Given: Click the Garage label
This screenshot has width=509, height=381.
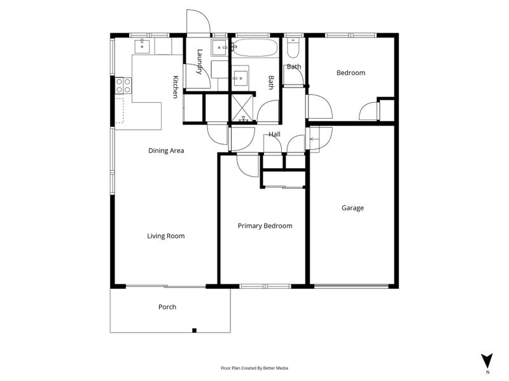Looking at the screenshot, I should [352, 208].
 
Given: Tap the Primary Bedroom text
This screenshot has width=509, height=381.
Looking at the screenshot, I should [265, 225].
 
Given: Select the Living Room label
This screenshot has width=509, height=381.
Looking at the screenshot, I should [166, 236].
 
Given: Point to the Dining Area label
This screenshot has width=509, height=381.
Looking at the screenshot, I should [166, 151].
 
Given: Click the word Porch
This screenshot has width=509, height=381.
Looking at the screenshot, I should [167, 307].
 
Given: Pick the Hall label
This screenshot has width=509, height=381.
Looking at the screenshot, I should [274, 135].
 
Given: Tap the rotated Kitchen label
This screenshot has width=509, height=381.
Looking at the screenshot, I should [176, 87].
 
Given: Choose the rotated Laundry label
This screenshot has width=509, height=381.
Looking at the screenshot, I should [200, 62].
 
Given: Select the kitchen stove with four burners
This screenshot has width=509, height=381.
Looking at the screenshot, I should [123, 85].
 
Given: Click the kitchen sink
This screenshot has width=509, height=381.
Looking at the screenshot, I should [143, 45].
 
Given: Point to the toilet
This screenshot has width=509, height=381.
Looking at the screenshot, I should [293, 48].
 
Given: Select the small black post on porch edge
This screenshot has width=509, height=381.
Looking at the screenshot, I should [195, 330].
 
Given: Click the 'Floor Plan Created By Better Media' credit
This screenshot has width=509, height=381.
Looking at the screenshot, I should [254, 368].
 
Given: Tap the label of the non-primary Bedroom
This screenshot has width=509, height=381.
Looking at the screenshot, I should [351, 73].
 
